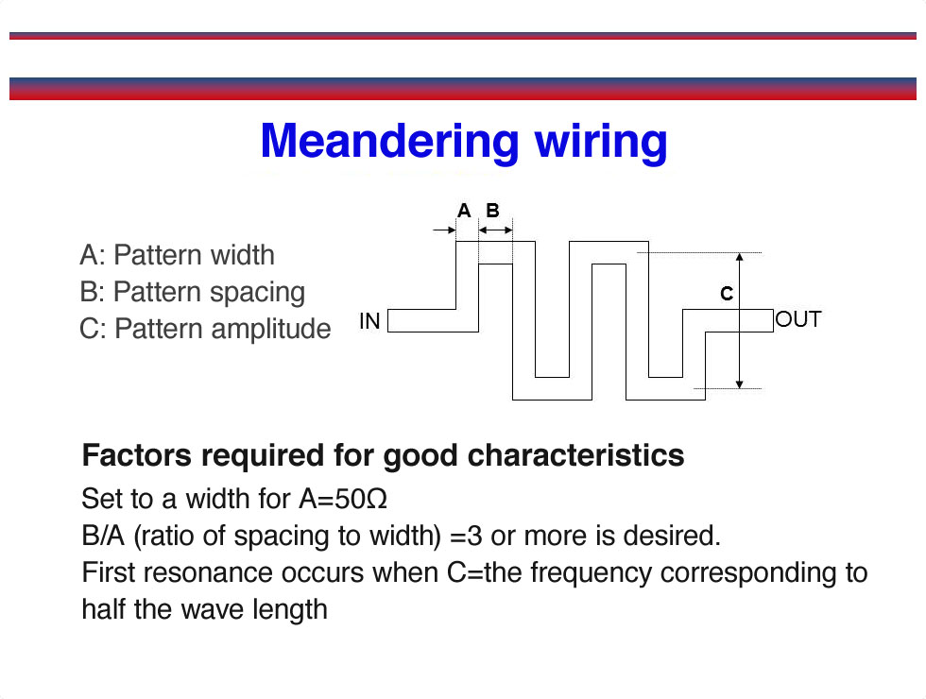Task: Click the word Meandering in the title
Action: (x=389, y=141)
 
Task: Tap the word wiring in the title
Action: (x=601, y=143)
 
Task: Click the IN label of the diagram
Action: (x=369, y=320)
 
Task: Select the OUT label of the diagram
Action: (x=797, y=319)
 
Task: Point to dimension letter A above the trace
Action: (x=464, y=210)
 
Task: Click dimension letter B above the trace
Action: (x=492, y=210)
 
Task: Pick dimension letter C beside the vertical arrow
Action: (x=727, y=294)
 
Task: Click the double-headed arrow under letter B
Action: (x=495, y=230)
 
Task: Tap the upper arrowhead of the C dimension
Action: (x=739, y=257)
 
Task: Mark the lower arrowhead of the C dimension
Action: (x=739, y=384)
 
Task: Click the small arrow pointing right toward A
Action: (x=444, y=230)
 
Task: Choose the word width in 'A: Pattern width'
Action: (x=242, y=255)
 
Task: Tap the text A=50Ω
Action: (x=343, y=499)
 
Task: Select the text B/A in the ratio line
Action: (x=103, y=537)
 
